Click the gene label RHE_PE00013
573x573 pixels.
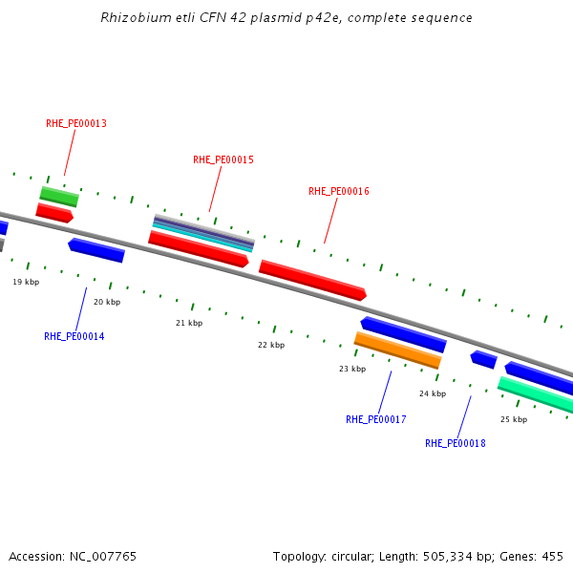(x=76, y=124)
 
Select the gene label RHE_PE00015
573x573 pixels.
(x=223, y=159)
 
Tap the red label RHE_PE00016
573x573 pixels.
(x=339, y=192)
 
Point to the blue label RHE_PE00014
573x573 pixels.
(x=74, y=337)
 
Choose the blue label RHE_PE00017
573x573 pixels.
(x=376, y=420)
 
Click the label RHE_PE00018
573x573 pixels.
(x=456, y=443)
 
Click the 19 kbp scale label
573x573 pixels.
(x=26, y=283)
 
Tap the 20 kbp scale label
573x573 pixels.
(x=107, y=303)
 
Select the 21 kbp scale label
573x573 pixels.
(x=189, y=324)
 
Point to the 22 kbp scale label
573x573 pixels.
(x=271, y=345)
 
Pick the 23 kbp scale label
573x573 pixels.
(x=352, y=369)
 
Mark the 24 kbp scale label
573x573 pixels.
(x=433, y=393)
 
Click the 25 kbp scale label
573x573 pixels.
(x=514, y=419)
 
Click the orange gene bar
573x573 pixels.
(x=397, y=350)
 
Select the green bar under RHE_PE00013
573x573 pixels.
(x=59, y=197)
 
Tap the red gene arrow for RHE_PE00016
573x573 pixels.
(x=312, y=280)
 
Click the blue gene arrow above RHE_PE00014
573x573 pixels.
(x=96, y=250)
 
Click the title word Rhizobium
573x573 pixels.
(x=132, y=18)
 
